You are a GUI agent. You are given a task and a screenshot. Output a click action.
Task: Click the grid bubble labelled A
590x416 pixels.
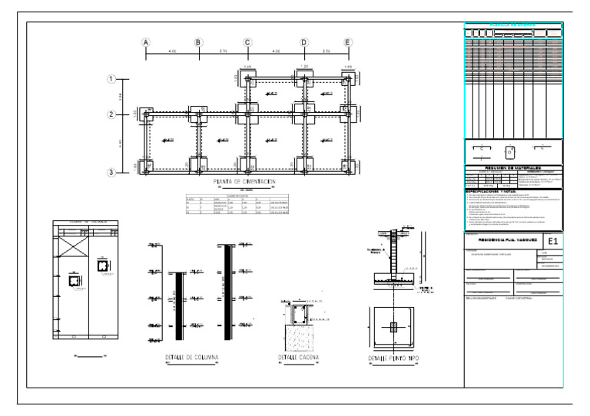[x=145, y=43]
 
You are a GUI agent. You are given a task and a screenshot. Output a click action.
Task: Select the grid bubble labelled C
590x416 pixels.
[x=247, y=43]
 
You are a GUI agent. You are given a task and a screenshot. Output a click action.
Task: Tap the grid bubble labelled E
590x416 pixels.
[x=348, y=43]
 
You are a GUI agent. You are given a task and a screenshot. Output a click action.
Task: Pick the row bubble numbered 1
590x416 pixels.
[x=111, y=79]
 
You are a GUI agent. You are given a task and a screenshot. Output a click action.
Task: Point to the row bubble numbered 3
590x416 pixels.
[x=111, y=173]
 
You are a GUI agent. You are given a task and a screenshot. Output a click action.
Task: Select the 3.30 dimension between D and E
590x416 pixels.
[x=326, y=51]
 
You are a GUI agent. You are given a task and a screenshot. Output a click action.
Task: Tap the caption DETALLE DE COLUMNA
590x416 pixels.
[x=192, y=358]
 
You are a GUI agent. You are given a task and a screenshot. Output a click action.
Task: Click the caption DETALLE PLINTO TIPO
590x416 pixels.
[x=393, y=359]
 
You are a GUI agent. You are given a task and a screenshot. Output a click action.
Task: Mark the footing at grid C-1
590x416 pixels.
[x=247, y=79]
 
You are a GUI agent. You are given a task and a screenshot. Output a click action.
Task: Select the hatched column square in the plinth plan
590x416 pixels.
[x=393, y=326]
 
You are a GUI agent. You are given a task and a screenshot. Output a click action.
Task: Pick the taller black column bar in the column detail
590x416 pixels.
[x=227, y=286]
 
